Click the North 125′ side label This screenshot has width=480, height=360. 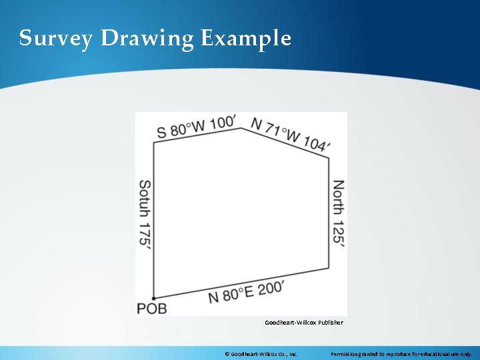tap(339, 214)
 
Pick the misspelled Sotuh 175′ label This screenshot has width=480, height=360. tap(145, 214)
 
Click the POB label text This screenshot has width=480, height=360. tap(151, 309)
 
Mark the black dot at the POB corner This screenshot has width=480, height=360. tap(154, 298)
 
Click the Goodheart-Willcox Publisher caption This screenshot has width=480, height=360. tap(304, 323)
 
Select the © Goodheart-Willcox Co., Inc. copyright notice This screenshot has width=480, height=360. tap(261, 354)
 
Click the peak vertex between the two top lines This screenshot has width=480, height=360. tap(241, 128)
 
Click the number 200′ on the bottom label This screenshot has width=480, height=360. tap(271, 288)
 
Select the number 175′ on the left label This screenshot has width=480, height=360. tap(145, 235)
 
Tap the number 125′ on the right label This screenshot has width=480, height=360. tap(339, 233)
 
